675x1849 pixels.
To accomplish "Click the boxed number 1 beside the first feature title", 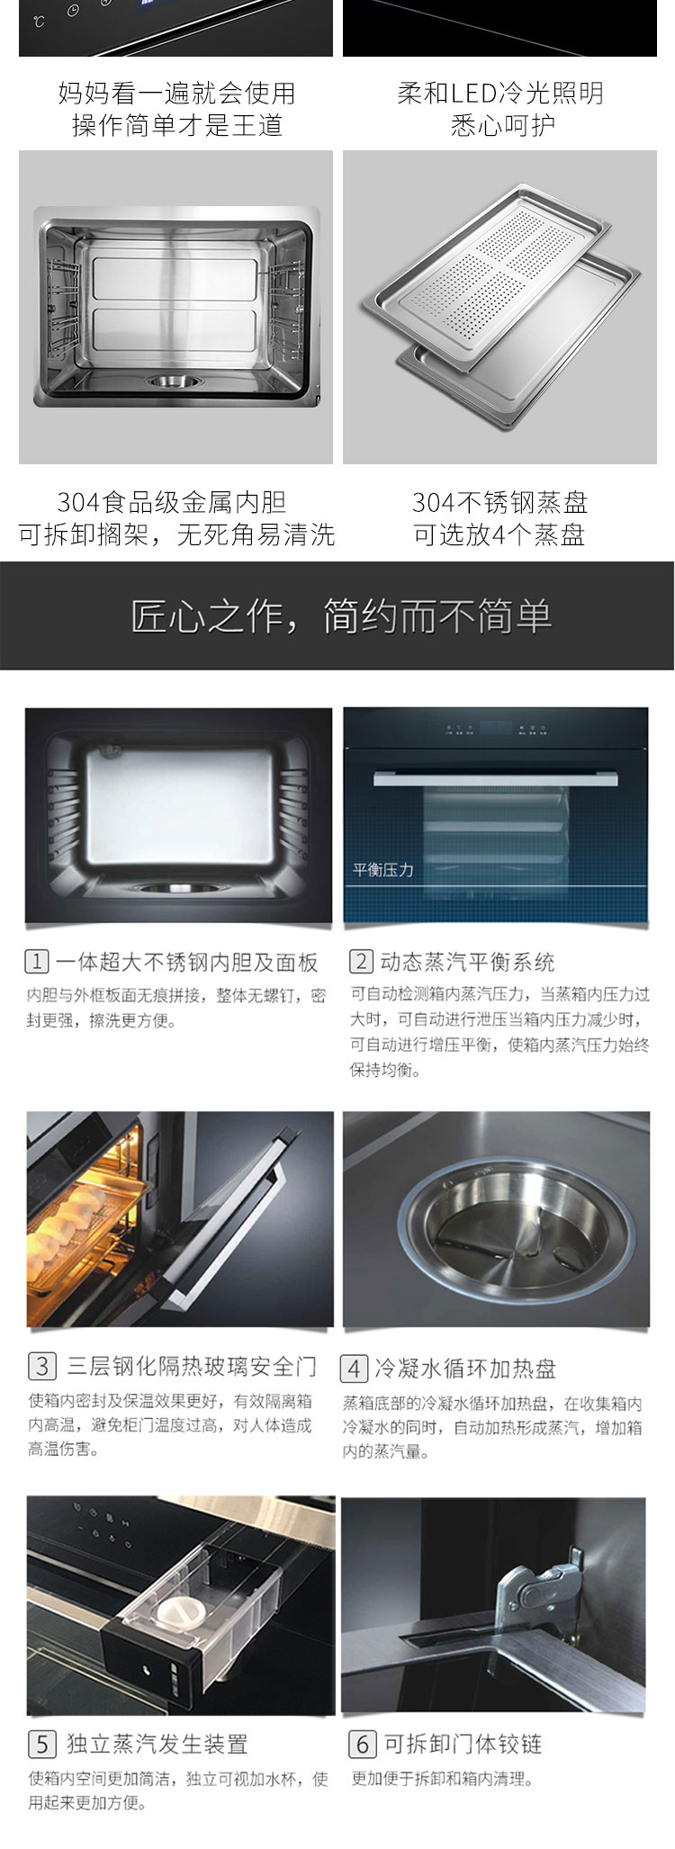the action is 36,962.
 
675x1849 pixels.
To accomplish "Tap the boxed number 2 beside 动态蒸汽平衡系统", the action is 361,962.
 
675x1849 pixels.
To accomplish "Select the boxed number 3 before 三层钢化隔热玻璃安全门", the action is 42,1367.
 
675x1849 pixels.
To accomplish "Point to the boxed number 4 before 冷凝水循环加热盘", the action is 354,1369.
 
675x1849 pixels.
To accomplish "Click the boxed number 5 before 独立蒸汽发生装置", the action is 42,1745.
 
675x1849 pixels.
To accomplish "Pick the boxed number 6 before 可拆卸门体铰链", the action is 362,1745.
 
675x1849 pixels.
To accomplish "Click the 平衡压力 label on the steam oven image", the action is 383,870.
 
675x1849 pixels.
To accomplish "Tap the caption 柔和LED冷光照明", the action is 500,93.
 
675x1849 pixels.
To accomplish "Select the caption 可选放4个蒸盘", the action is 499,535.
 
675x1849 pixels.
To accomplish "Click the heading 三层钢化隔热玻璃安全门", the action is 192,1367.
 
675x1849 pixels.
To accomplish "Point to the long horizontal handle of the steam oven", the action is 496,776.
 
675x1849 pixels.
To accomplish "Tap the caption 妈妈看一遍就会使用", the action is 176,93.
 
